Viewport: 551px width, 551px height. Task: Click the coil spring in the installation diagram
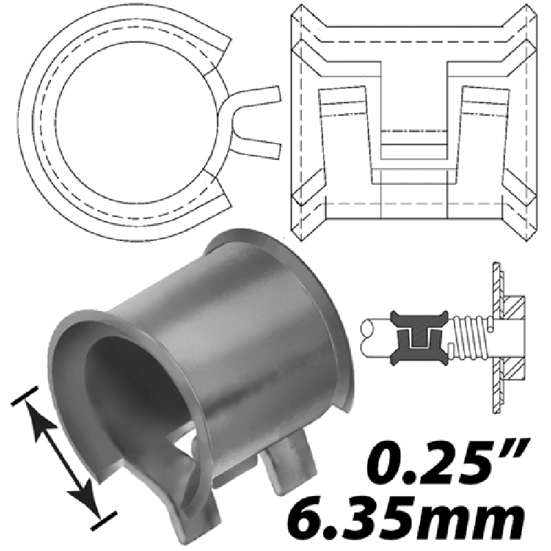point(469,337)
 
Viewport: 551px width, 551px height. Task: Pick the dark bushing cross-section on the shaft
point(419,337)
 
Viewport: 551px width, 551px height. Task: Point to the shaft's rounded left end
point(366,337)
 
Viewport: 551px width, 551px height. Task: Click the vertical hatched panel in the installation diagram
point(497,337)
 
